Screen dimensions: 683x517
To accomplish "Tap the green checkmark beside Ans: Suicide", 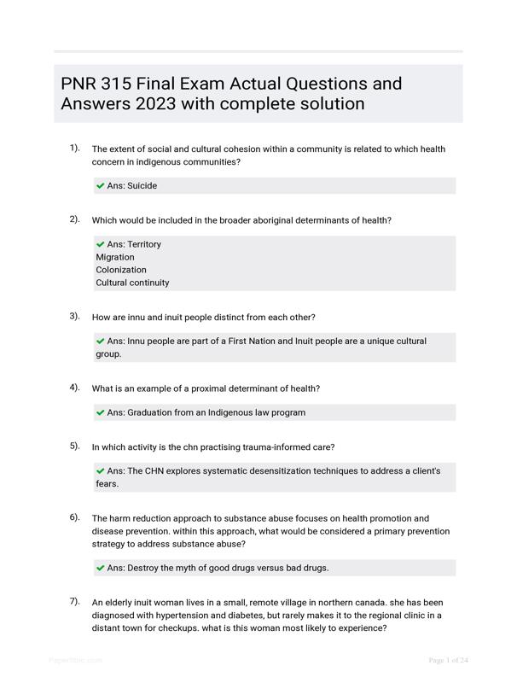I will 101,185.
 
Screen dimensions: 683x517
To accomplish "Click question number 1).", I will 75,148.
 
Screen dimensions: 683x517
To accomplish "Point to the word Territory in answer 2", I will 144,244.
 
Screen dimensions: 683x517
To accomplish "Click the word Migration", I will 115,257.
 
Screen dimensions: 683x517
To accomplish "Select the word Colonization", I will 121,270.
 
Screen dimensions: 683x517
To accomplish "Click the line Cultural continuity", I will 132,283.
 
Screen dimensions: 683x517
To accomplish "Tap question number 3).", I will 75,316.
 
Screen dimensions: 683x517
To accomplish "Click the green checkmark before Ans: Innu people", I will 101,341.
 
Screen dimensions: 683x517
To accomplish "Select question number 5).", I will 75,446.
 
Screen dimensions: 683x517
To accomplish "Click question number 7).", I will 75,601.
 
